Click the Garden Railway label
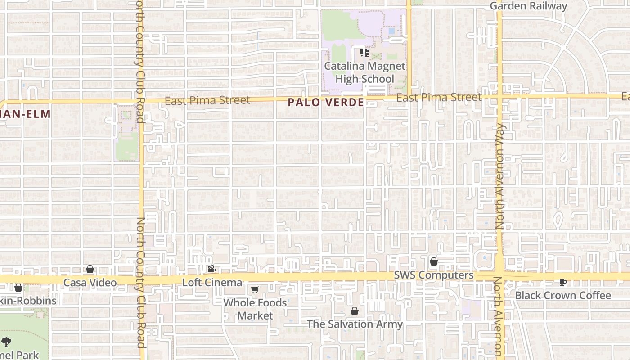[x=528, y=6]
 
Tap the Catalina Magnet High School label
[x=364, y=72]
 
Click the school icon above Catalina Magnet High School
[x=364, y=53]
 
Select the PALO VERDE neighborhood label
[x=326, y=103]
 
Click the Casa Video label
[x=90, y=283]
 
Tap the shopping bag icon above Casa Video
[x=90, y=269]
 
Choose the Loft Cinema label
[x=212, y=283]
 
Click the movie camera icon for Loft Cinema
[x=211, y=269]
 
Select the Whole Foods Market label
[x=255, y=309]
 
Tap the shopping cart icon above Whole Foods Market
[x=255, y=289]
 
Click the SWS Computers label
[x=434, y=275]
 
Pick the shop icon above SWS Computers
[x=434, y=261]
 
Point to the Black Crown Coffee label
[x=563, y=295]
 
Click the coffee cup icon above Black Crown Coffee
[x=562, y=282]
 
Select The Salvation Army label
[x=355, y=324]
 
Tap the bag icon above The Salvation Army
[x=355, y=311]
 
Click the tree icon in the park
[x=6, y=342]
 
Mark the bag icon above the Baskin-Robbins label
[x=18, y=287]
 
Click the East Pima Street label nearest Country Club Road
[x=207, y=100]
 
